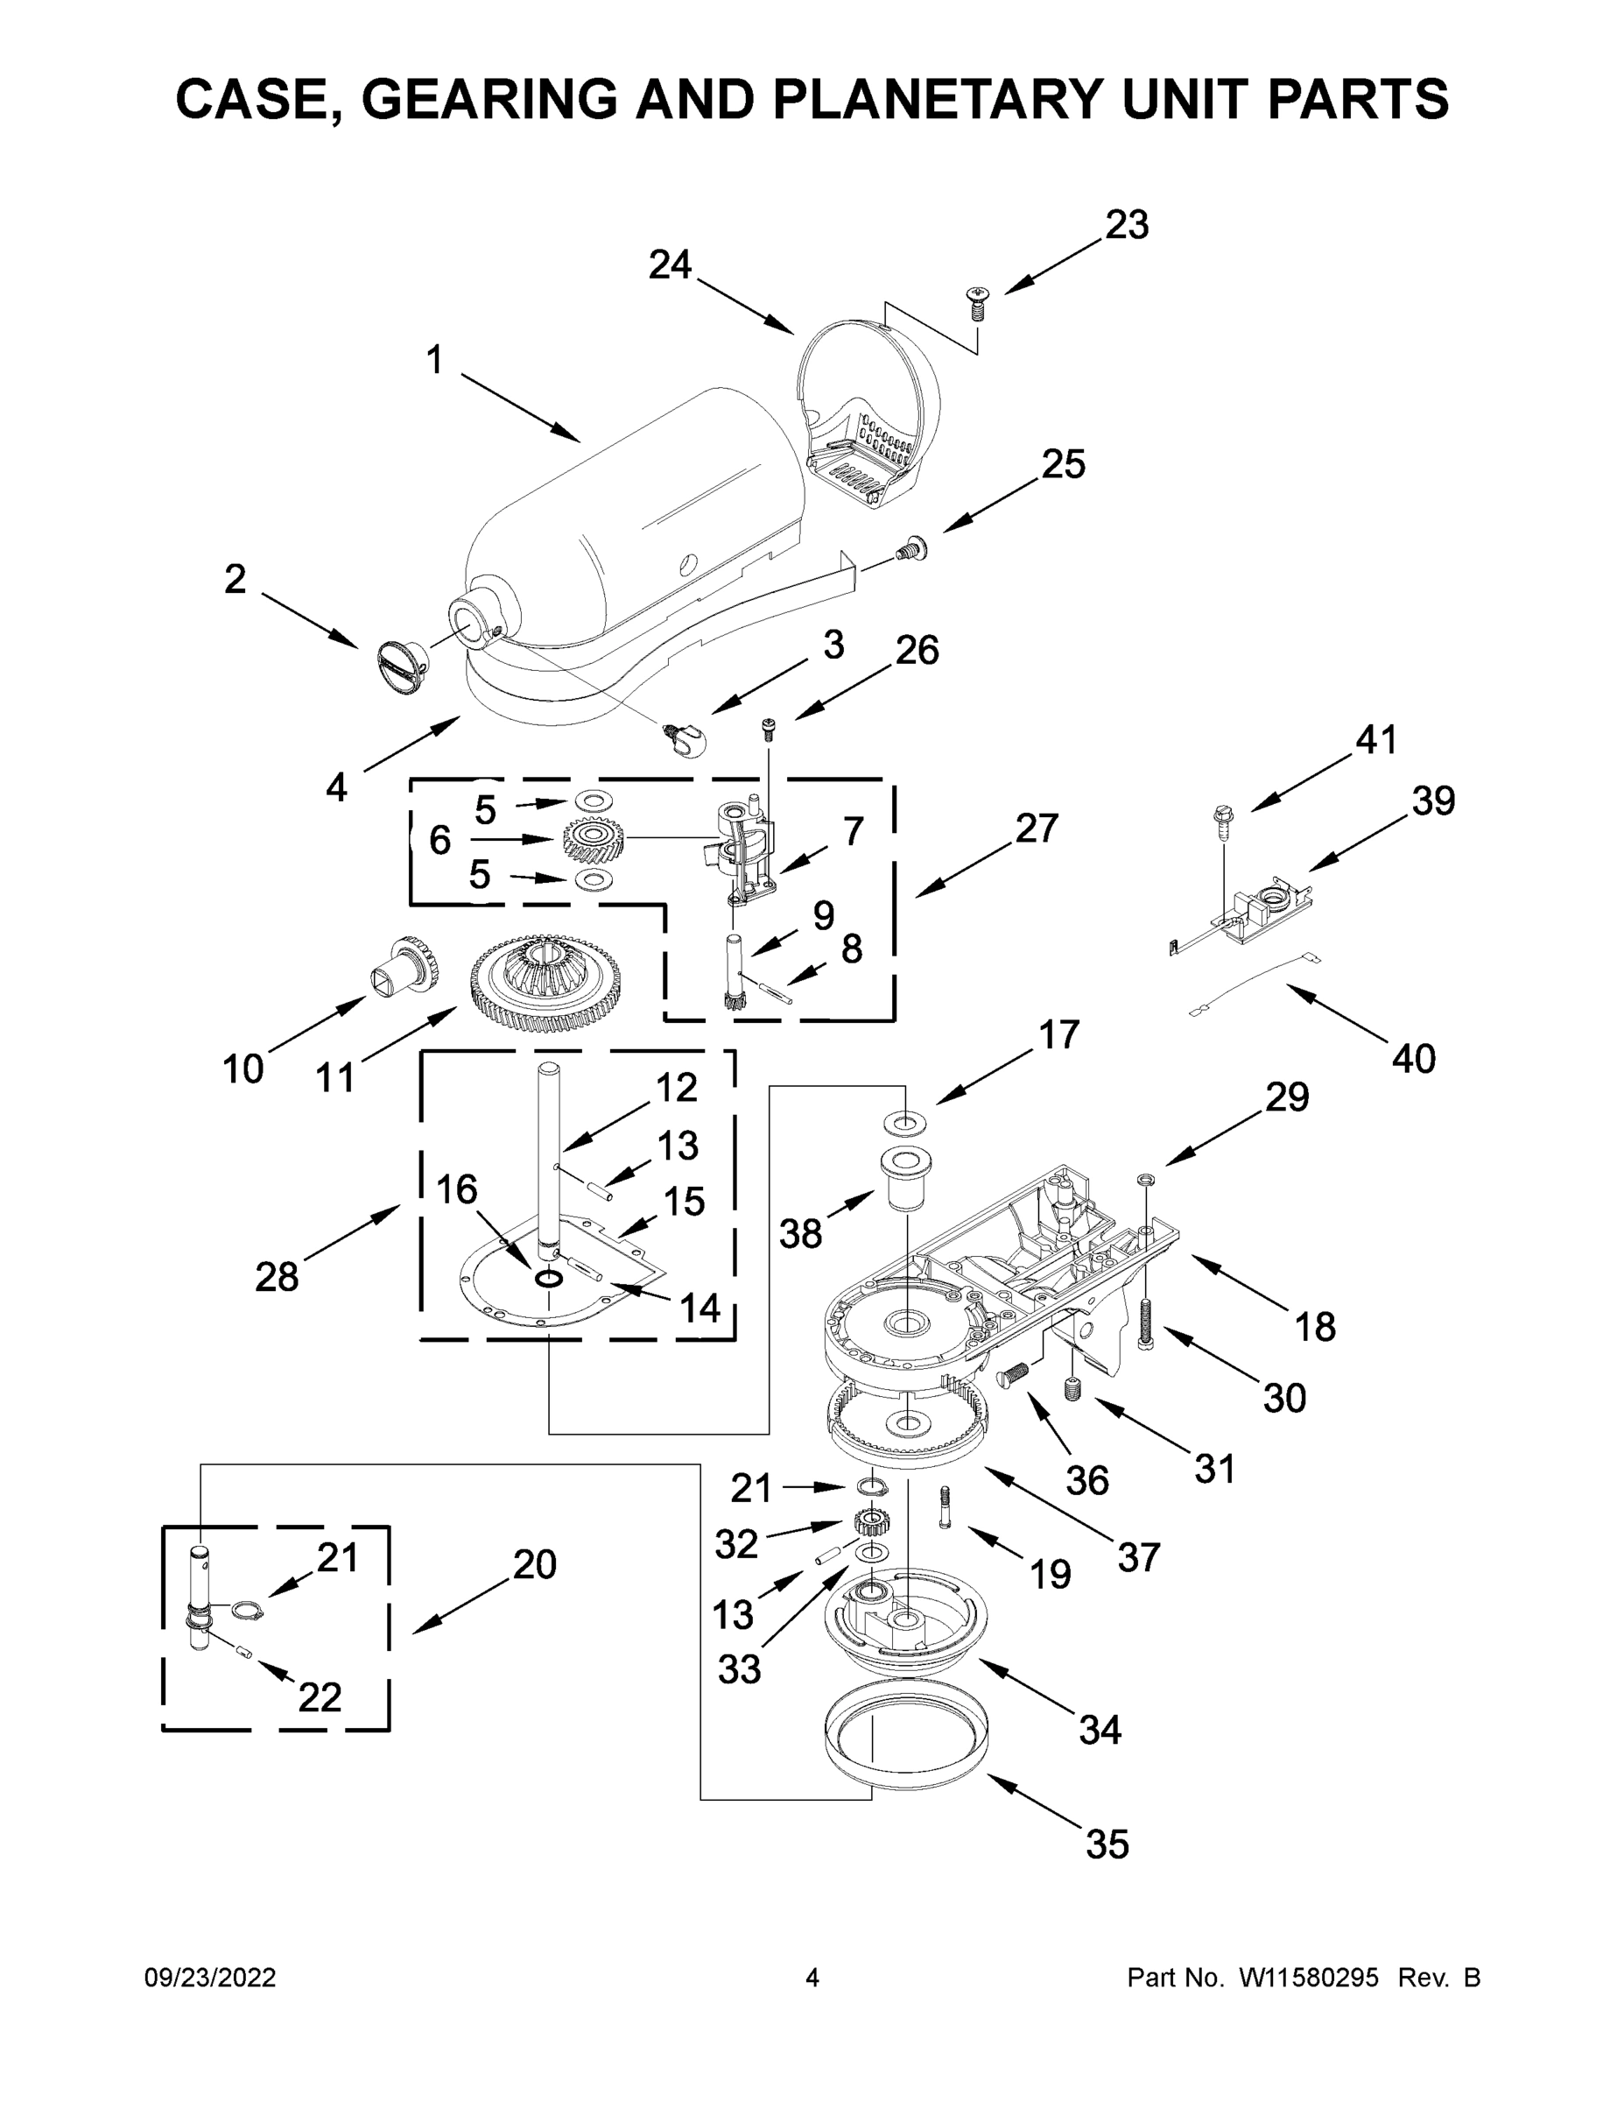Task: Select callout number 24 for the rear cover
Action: point(671,265)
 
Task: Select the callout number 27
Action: point(1037,829)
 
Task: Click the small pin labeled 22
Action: point(244,1654)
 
